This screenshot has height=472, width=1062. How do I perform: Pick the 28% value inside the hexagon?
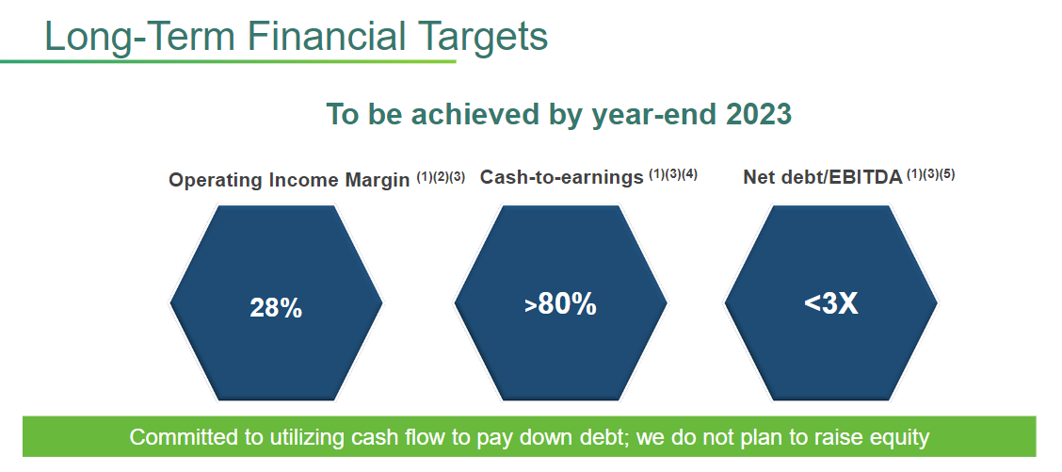point(276,309)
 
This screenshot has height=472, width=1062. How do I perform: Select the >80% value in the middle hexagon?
point(560,305)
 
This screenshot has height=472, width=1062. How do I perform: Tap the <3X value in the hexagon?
point(831,303)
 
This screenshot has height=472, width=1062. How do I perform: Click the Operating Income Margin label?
point(289,180)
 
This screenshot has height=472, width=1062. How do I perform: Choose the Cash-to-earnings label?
point(561,177)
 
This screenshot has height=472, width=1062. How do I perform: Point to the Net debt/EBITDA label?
point(823,177)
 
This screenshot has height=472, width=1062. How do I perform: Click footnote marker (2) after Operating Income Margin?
point(441,177)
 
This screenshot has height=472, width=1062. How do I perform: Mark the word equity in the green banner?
point(897,438)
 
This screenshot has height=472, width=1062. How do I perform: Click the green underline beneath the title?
point(228,62)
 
